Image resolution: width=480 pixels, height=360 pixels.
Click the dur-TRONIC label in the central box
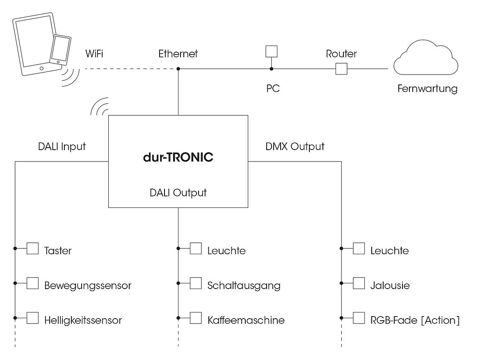(178, 157)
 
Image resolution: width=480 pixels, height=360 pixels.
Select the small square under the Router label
(341, 68)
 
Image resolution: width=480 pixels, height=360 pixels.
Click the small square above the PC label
(271, 51)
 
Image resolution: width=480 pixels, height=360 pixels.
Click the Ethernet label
(178, 54)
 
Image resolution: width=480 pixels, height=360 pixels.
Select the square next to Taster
(32, 248)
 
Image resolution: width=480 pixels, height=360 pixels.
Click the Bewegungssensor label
(88, 285)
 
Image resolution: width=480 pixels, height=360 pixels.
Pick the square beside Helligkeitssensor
(32, 318)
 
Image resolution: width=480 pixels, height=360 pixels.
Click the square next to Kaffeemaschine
(196, 318)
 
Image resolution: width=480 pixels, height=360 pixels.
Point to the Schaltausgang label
(244, 285)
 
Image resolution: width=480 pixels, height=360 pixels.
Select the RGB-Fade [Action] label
(415, 320)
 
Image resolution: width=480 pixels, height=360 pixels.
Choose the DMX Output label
(295, 146)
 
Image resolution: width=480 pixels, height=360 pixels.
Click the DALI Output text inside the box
(178, 192)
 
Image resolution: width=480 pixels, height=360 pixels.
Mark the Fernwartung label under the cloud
(427, 89)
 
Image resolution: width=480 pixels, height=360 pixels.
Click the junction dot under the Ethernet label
(178, 68)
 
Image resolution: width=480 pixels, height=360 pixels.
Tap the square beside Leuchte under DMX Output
(359, 248)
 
